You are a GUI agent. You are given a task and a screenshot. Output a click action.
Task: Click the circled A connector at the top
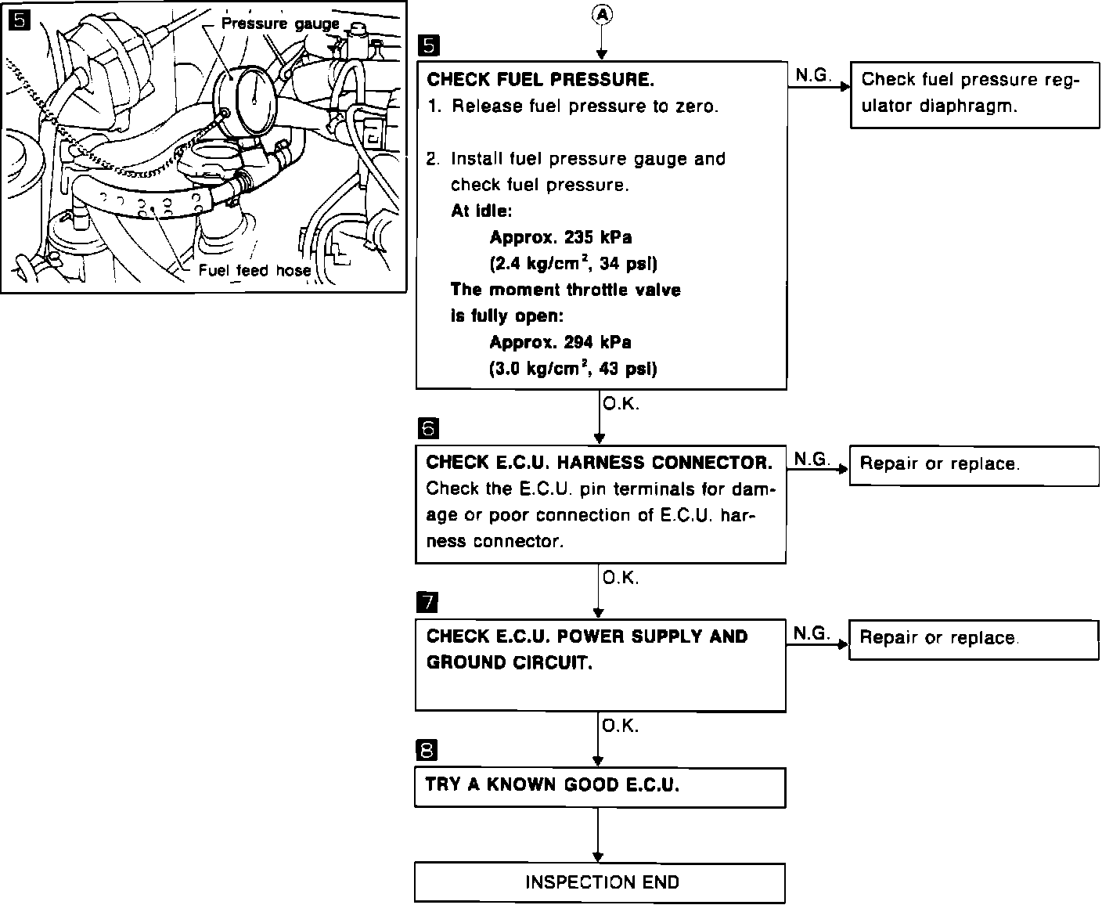601,13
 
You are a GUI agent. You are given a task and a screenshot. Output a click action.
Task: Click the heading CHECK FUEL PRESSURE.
540,80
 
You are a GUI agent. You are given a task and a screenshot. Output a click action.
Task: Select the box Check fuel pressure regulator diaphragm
974,93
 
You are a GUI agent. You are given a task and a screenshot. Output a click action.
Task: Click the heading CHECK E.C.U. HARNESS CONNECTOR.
599,463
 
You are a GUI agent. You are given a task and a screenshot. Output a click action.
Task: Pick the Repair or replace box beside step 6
974,464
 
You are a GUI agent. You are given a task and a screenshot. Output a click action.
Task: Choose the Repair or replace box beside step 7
974,639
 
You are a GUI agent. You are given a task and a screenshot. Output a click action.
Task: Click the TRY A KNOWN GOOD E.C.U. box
600,786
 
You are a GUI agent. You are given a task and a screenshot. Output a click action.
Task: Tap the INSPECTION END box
600,882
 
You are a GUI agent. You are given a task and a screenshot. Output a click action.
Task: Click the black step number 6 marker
428,429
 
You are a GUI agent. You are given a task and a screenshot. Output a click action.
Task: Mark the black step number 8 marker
427,750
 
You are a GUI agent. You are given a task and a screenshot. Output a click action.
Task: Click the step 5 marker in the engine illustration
19,20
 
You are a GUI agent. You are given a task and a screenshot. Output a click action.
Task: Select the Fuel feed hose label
254,271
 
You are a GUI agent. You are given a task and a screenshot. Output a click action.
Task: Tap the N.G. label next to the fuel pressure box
812,74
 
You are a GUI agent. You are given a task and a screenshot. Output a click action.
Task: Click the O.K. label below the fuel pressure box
621,405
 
